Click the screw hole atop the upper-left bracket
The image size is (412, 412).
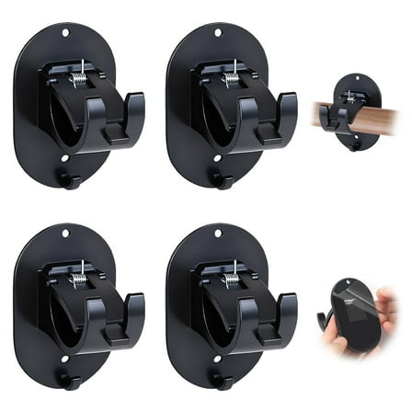click(x=65, y=34)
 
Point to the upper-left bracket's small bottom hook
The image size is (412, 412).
click(x=69, y=180)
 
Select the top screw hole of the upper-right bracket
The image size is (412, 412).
click(x=218, y=33)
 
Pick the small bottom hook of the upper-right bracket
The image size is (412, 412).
click(x=222, y=180)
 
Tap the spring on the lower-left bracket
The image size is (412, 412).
click(x=80, y=276)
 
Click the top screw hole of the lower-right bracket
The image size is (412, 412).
click(x=218, y=234)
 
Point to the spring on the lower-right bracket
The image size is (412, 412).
click(x=233, y=276)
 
